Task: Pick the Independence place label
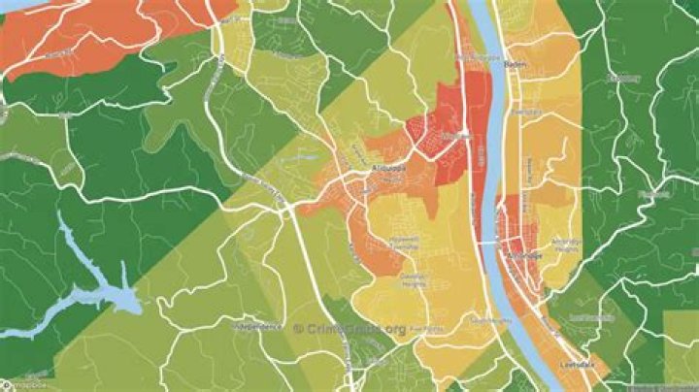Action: pos(261,327)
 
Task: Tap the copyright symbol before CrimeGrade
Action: pos(299,329)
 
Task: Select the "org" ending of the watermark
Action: pos(394,329)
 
